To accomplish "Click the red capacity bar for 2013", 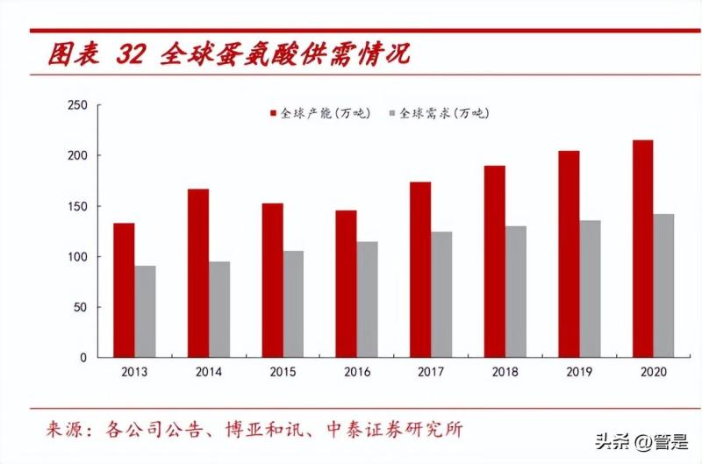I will [x=124, y=290].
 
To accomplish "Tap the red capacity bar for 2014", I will [x=198, y=274].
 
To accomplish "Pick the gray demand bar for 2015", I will [x=293, y=304].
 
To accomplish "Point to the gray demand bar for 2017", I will [x=441, y=295].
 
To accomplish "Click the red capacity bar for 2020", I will [x=642, y=249].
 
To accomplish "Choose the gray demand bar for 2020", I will [x=663, y=286].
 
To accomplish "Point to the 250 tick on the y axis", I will [x=78, y=105].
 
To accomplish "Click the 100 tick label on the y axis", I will [x=78, y=257].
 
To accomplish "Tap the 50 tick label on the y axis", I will [x=81, y=308].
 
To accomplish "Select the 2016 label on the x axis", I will [x=357, y=372].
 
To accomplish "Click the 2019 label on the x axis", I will [x=579, y=372].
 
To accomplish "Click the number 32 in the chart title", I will [x=129, y=55].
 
